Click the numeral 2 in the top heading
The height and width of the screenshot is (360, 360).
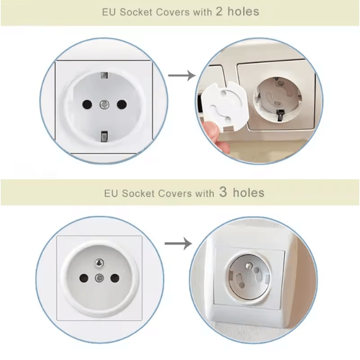(x=219, y=12)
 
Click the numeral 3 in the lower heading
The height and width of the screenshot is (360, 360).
(x=223, y=192)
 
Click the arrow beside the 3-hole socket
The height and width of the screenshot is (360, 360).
(x=178, y=244)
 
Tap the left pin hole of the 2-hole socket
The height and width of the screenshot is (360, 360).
(x=86, y=104)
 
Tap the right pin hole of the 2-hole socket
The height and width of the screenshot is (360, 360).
(x=122, y=104)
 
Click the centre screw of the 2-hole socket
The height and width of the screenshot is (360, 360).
(x=104, y=104)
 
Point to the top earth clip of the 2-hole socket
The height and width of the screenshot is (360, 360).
(x=104, y=76)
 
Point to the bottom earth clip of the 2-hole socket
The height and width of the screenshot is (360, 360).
(x=104, y=136)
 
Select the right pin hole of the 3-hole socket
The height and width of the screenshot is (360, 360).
(x=114, y=278)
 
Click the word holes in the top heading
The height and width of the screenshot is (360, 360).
(x=243, y=12)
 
